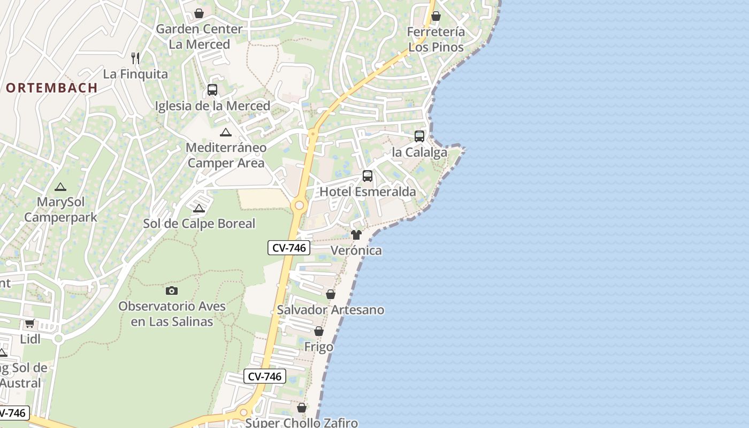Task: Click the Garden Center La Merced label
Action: [199, 36]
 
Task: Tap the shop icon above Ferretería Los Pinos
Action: [436, 16]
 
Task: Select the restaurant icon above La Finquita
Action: [135, 58]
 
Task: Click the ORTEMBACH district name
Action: [52, 88]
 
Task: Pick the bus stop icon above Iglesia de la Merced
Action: [212, 89]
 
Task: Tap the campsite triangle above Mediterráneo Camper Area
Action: [226, 132]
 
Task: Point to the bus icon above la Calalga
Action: [419, 136]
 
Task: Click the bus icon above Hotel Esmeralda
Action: [368, 175]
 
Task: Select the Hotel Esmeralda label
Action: [368, 192]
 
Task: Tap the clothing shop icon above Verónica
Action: [356, 234]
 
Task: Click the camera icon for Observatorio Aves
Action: [172, 291]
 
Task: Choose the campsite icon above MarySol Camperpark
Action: [60, 187]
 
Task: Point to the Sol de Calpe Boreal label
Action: [199, 224]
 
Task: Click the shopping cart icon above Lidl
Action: [30, 323]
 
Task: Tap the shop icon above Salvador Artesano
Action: [331, 294]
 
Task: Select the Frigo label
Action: [319, 347]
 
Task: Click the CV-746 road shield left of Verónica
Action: [289, 248]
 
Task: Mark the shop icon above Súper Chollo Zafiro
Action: [302, 408]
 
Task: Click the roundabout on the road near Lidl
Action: [58, 338]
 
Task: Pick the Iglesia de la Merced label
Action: [212, 105]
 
